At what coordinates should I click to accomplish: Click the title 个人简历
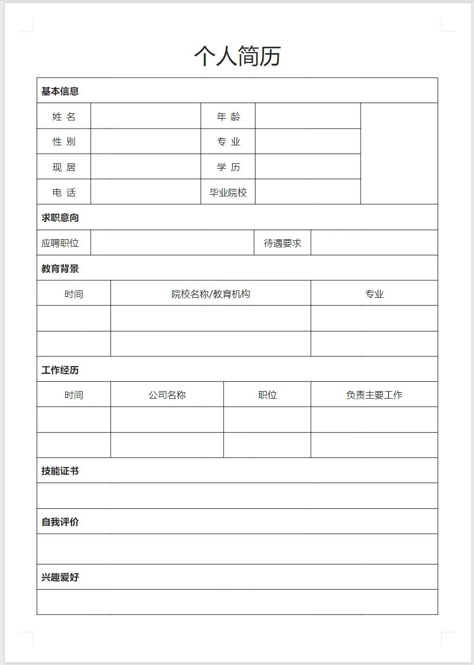237,56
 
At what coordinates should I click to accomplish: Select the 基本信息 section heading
60,91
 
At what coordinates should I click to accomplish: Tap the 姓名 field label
64,116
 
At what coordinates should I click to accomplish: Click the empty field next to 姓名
145,116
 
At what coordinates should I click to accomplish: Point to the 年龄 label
228,116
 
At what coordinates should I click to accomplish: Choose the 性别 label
64,142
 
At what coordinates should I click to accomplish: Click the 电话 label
64,192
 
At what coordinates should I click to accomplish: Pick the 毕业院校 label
228,192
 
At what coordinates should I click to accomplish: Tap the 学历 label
228,167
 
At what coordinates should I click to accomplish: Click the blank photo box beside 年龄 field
399,154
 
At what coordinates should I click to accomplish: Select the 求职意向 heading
60,218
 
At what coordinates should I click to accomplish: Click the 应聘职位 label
60,243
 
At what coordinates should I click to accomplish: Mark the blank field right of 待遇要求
374,243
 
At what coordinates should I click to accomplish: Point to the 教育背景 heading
60,268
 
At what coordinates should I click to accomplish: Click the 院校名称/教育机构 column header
211,294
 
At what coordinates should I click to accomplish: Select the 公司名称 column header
167,395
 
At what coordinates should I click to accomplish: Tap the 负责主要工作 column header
374,395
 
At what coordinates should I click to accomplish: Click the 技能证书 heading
60,471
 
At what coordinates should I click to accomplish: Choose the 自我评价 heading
60,522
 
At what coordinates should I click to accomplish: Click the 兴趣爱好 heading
60,577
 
